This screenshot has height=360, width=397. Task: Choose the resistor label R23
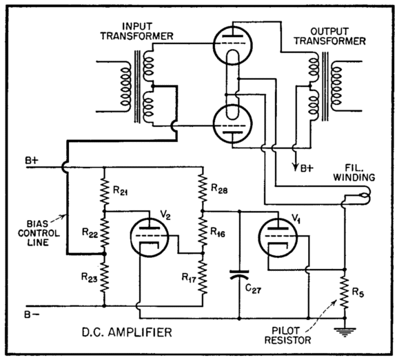90,279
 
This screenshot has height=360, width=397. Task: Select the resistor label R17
189,279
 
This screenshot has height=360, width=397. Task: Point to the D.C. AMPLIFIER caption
119,333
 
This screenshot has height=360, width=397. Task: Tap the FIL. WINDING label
358,170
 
